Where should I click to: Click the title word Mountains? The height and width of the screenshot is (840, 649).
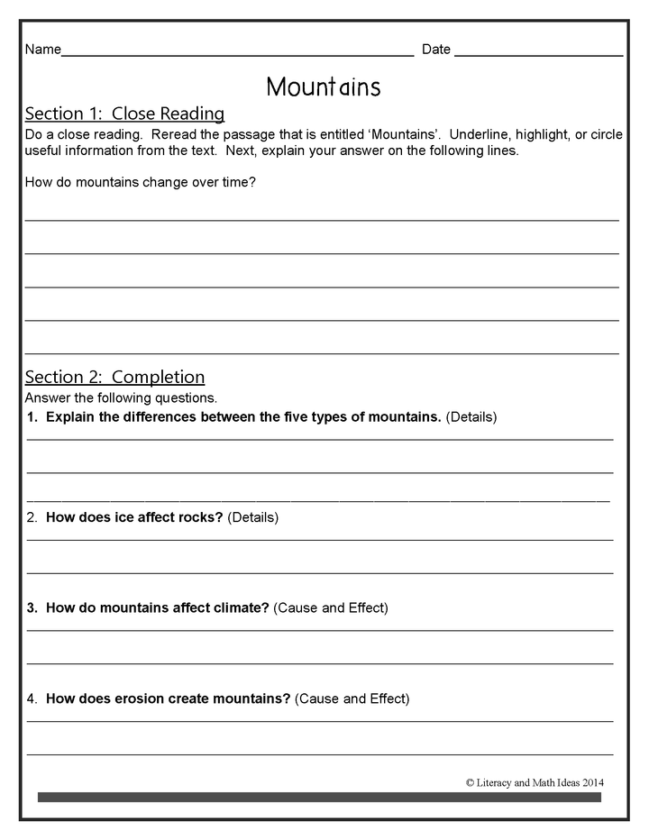(324, 87)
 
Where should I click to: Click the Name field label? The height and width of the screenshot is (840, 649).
(42, 50)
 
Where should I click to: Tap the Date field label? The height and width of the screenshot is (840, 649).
(436, 50)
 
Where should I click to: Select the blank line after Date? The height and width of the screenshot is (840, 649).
(538, 54)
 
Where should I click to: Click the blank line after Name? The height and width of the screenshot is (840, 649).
(237, 54)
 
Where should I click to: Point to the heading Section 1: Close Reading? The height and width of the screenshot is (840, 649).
(124, 114)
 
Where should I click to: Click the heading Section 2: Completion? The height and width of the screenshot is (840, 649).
(114, 377)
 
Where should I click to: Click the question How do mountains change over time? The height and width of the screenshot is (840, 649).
(141, 183)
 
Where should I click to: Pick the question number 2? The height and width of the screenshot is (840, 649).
(32, 518)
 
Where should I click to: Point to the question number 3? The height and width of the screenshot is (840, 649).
(32, 608)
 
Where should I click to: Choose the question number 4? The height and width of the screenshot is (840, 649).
(32, 698)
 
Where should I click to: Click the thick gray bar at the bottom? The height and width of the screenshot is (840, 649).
(319, 797)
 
